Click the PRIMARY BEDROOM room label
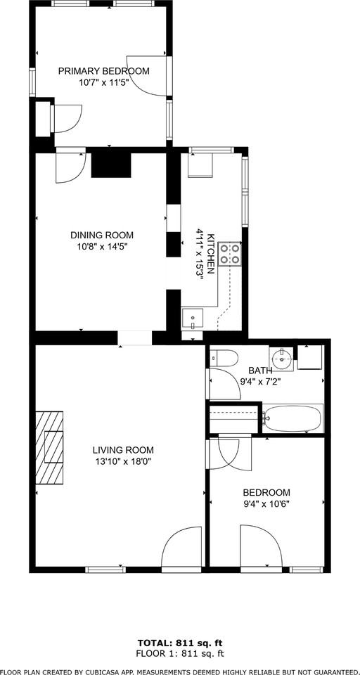[103, 71]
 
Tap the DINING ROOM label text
[101, 236]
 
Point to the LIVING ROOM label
[123, 450]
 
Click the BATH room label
[260, 371]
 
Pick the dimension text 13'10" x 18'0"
[123, 461]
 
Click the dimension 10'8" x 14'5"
[101, 247]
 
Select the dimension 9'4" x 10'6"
[266, 503]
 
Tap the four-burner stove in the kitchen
[230, 253]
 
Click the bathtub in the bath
[294, 419]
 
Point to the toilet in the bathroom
[222, 359]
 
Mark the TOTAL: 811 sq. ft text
[180, 643]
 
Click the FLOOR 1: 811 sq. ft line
[180, 653]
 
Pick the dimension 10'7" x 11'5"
[103, 82]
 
